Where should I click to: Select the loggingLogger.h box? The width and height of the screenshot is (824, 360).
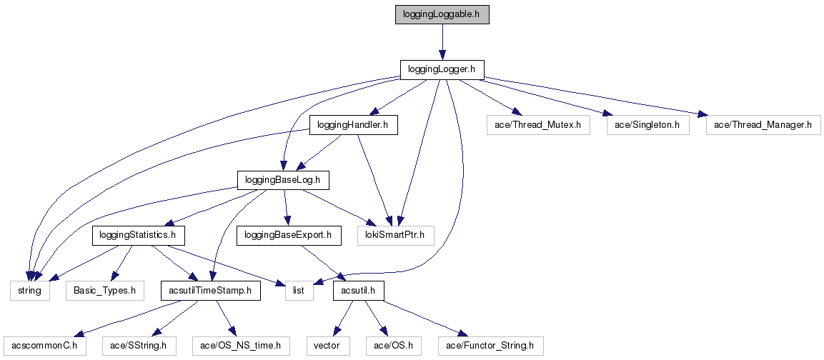click(x=442, y=69)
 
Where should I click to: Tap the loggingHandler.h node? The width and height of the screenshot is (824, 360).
click(x=353, y=126)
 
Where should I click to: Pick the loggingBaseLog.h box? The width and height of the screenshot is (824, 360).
click(x=283, y=179)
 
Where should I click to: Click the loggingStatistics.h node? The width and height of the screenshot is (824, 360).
click(x=139, y=235)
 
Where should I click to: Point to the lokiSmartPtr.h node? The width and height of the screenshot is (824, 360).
click(x=395, y=235)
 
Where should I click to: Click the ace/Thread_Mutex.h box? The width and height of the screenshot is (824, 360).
click(x=537, y=126)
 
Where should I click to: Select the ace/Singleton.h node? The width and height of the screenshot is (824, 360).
click(x=647, y=126)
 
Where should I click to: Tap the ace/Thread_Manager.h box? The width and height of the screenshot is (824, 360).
click(x=763, y=126)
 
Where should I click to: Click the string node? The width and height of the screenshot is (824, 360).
click(x=29, y=291)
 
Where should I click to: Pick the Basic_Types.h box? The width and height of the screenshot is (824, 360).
click(x=105, y=291)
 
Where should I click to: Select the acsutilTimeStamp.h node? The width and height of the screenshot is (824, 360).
click(x=210, y=291)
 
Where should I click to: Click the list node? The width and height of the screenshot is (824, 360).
click(x=299, y=291)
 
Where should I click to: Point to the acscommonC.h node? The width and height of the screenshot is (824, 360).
click(x=44, y=346)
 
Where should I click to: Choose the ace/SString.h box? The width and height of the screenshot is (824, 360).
click(x=139, y=346)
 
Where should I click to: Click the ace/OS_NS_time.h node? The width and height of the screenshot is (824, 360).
click(x=241, y=346)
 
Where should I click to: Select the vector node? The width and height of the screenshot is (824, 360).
click(x=328, y=346)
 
